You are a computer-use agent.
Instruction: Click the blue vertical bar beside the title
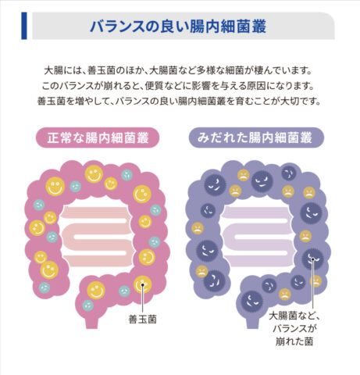pos(24,26)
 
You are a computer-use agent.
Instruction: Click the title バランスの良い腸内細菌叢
pos(178,27)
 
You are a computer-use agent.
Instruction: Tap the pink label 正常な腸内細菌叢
pos(98,137)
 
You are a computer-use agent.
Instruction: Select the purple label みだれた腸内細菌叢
pos(256,137)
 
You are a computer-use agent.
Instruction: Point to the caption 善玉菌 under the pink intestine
pos(143,319)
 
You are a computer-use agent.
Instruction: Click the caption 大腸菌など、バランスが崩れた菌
pos(294,329)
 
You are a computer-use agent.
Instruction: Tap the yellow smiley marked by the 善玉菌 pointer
pos(143,284)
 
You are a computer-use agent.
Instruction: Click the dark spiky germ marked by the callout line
pos(312,259)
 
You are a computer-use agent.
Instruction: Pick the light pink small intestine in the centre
pos(97,237)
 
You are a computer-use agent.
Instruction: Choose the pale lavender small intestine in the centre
pos(258,237)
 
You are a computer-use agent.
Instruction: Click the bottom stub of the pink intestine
pos(92,323)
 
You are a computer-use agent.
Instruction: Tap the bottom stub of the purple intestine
pos(252,323)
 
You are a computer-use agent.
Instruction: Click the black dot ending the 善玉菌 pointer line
pos(143,284)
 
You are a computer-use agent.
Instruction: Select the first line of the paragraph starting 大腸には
pos(178,70)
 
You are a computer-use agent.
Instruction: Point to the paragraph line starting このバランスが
pos(178,86)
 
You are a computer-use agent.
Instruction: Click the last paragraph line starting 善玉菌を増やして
pos(179,101)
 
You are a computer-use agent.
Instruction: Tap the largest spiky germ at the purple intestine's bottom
pos(251,302)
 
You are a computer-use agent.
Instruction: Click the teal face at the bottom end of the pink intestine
pos(88,305)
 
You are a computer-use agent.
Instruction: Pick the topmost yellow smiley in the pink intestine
pos(94,174)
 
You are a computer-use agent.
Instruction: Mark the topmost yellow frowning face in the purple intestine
pos(244,175)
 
